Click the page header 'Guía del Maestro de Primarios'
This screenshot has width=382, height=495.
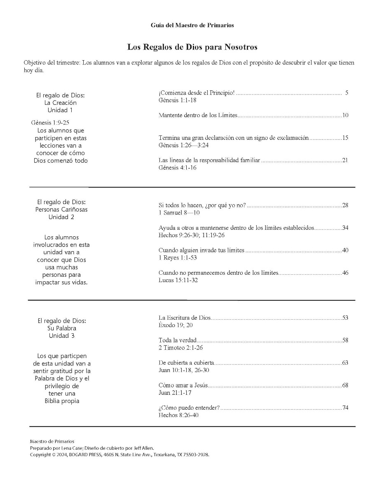coord(192,26)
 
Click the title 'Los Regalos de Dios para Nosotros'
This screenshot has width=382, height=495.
coord(192,47)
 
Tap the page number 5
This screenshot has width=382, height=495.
coord(347,93)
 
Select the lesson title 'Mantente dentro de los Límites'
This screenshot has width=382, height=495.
coord(198,115)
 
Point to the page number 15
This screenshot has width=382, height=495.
coord(345,138)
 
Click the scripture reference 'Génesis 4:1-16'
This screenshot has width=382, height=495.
coord(177,168)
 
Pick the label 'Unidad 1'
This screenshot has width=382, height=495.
coord(60,110)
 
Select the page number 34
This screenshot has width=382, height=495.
coord(345,228)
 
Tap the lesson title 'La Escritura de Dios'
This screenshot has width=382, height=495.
coord(185,318)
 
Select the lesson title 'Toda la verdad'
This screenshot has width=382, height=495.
coord(178,340)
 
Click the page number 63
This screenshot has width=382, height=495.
coord(345,363)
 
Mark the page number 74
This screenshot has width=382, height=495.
coord(345,408)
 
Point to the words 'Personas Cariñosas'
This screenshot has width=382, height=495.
coord(61,209)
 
